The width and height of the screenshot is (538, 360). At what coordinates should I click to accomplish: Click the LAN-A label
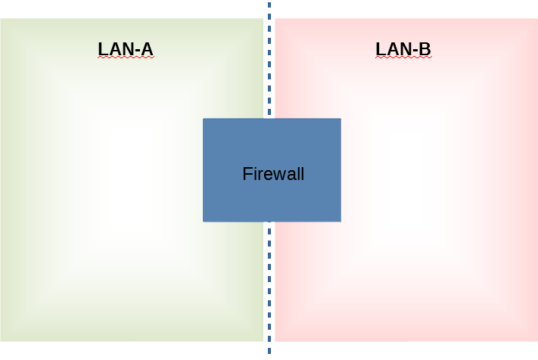point(126,50)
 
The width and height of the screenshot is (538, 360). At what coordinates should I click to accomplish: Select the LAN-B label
point(403,50)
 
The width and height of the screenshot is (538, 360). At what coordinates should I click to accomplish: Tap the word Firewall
point(273,174)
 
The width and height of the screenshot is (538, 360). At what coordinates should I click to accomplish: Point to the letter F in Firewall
point(247,174)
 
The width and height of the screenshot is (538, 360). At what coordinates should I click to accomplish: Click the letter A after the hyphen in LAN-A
point(146,50)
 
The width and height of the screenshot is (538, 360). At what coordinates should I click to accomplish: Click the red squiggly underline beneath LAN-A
point(126,58)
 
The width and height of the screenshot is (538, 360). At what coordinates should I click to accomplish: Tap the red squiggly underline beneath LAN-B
point(403,58)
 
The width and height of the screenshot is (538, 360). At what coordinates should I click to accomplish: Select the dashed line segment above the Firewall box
point(269,61)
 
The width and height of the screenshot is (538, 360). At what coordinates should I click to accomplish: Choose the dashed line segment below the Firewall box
point(269,287)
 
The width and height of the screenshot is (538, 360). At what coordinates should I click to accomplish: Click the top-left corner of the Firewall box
point(204,119)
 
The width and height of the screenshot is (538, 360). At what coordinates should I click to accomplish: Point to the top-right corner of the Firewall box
point(341,119)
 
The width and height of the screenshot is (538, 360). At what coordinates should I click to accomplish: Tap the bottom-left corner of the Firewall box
point(204,221)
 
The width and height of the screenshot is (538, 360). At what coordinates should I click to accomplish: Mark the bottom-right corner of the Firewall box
point(341,221)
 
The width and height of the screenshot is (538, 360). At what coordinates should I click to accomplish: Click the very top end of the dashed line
point(269,3)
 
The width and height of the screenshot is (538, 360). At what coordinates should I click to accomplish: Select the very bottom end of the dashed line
point(269,352)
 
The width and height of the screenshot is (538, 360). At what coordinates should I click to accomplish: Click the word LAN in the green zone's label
point(114,50)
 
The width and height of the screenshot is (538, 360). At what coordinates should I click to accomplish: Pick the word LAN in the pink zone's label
point(391,50)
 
